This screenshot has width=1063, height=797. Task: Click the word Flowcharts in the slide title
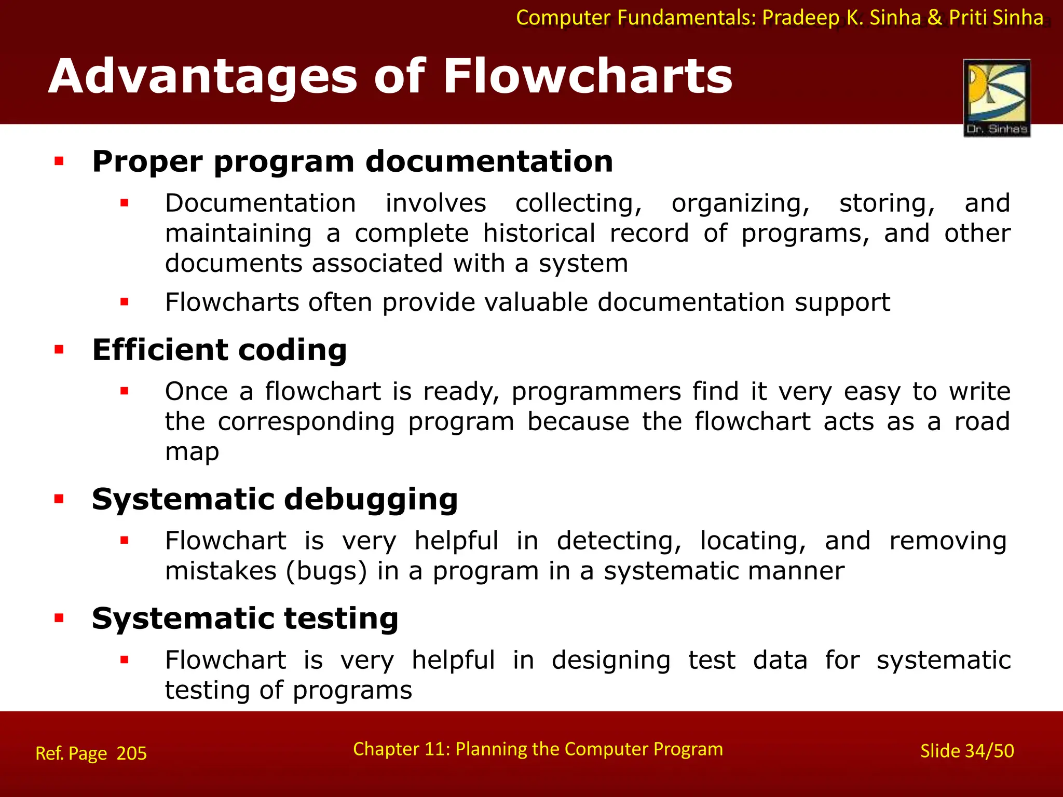pos(587,77)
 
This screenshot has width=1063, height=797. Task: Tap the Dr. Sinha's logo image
pos(997,98)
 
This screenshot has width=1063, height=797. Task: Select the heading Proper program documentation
pos(352,161)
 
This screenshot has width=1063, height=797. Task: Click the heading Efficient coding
pos(219,350)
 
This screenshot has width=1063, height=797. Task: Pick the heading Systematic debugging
pos(275,499)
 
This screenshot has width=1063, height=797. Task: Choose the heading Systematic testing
pos(245,619)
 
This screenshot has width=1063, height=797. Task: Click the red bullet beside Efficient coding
pos(59,350)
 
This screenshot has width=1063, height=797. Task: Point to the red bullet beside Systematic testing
pos(59,618)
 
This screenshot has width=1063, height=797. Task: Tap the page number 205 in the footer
pos(132,753)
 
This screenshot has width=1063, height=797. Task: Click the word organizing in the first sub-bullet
pos(740,203)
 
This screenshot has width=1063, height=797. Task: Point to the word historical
pos(539,233)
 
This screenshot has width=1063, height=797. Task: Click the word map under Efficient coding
pos(192,452)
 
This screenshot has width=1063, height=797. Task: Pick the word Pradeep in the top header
pos(800,18)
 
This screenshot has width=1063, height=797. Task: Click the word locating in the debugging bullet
pos(753,541)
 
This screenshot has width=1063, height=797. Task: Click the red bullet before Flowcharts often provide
pos(124,302)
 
